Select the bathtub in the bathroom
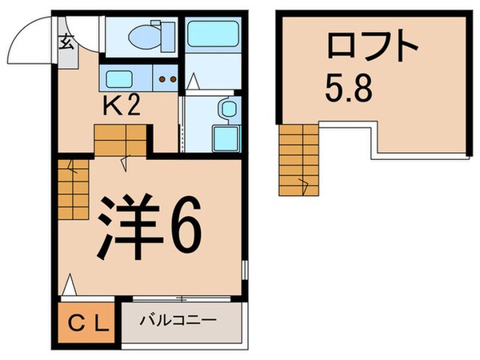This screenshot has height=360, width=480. coord(210,38)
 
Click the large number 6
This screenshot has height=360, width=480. coord(183,230)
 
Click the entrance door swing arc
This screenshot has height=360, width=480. coord(32,40)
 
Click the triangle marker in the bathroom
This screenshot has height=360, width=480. coord(192,81)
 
